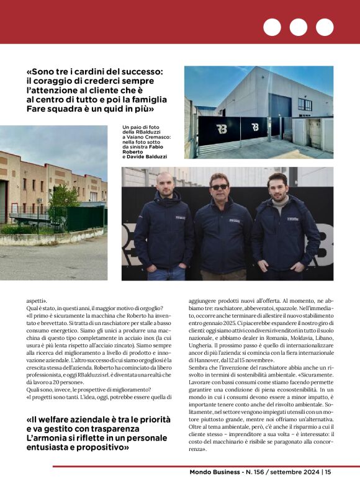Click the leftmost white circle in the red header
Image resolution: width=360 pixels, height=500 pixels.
(x=272, y=27)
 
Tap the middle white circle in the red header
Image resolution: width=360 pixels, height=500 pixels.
(x=298, y=27)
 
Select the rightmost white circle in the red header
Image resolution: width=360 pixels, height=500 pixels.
(x=325, y=27)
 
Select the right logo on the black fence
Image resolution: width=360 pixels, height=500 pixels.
(x=255, y=127)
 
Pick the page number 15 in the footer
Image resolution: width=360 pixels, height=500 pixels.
(x=328, y=472)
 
